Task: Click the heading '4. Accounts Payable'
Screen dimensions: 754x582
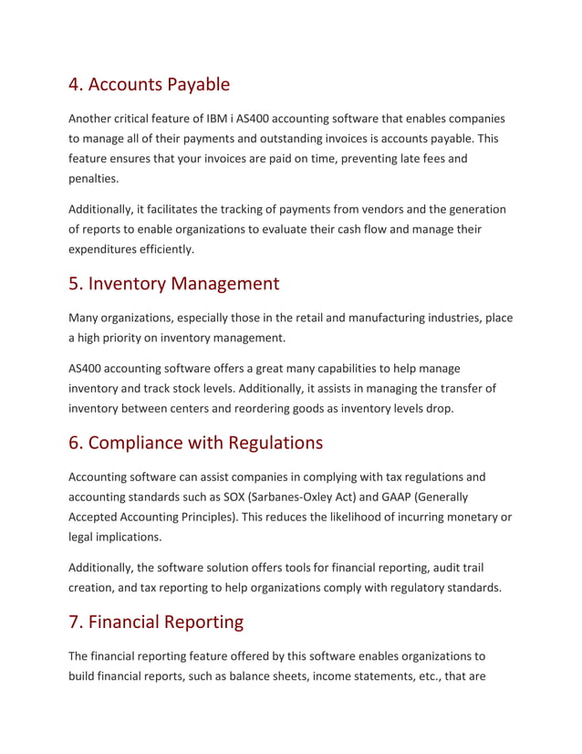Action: coord(150,85)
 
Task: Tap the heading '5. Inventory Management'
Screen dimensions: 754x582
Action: coord(174,283)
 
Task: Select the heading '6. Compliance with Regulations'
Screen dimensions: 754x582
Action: coord(196,443)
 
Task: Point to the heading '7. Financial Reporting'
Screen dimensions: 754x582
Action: coord(156,622)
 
